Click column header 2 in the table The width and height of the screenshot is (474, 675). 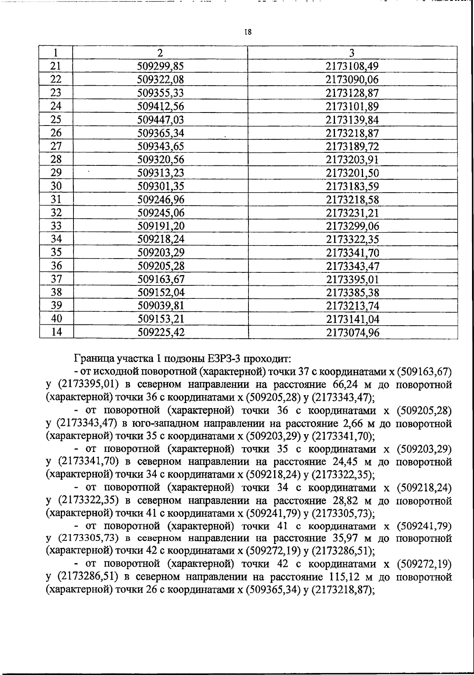tap(160, 53)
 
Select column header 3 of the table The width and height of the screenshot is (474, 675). tap(352, 53)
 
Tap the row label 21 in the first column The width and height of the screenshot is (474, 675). tap(56, 66)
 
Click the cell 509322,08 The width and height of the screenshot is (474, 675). tap(160, 80)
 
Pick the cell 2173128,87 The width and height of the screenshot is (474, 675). tap(352, 93)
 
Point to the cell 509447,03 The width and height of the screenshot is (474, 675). tap(160, 120)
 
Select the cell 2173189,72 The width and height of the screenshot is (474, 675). tap(352, 146)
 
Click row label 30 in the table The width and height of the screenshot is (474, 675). tap(56, 186)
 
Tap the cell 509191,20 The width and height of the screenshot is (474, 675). tap(160, 226)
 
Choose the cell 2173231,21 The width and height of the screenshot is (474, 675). tap(352, 213)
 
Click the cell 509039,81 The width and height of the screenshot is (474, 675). tap(160, 306)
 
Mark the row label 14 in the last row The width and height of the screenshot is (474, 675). tap(56, 332)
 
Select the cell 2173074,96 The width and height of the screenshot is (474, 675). tap(352, 333)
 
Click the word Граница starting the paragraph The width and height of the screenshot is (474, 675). tap(93, 359)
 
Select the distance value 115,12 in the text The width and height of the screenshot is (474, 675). tap(344, 577)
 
